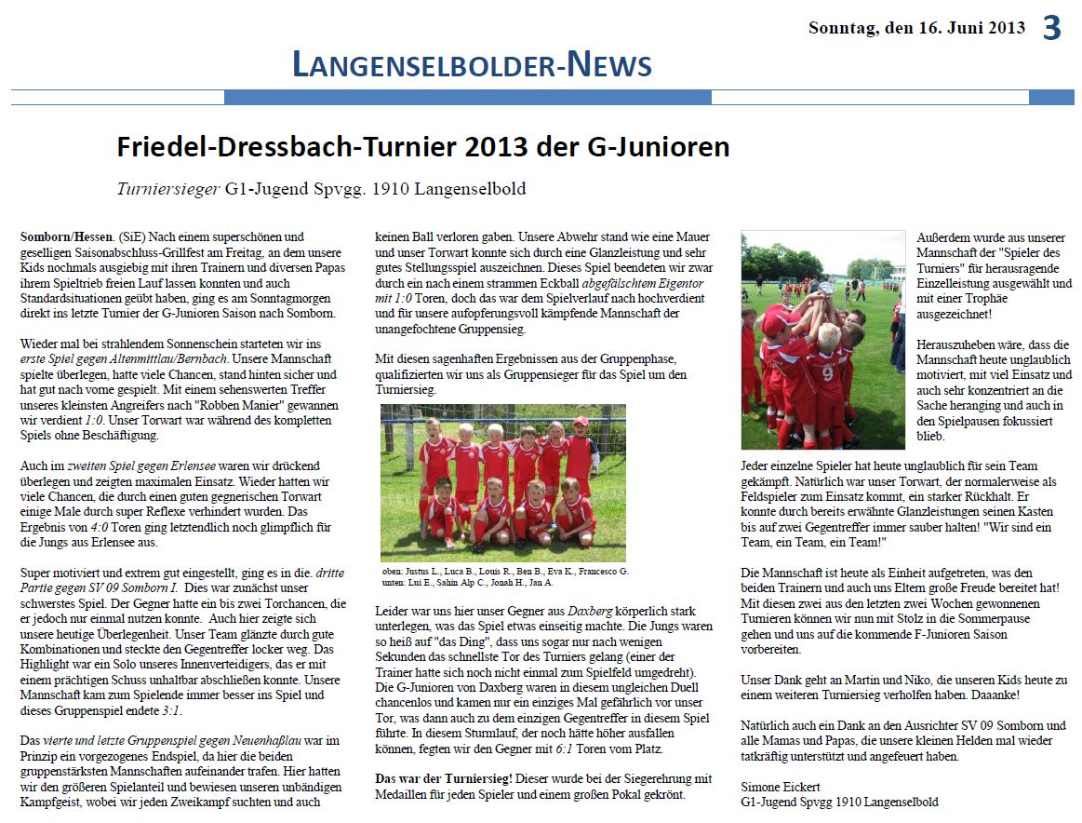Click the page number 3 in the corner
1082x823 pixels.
tap(1051, 29)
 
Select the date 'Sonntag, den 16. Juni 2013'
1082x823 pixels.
tap(916, 28)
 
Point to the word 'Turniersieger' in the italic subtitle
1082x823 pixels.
tap(167, 189)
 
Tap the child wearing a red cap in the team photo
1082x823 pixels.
tap(581, 423)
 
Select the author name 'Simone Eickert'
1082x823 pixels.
tap(781, 788)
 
